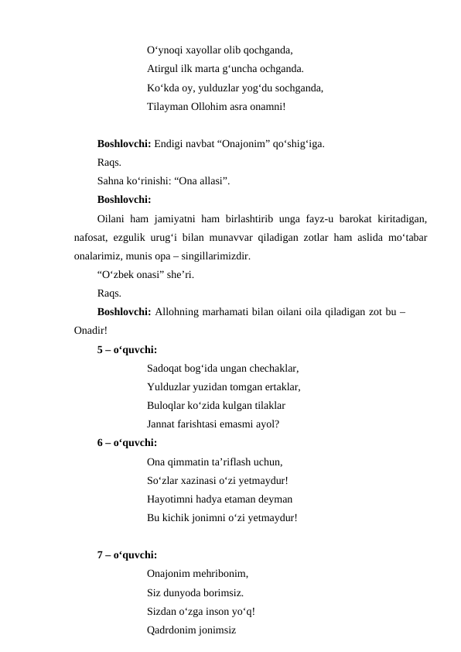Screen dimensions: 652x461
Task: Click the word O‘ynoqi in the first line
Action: click(164, 50)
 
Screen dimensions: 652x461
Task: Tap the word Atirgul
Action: click(163, 68)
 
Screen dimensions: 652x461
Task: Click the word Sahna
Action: click(111, 181)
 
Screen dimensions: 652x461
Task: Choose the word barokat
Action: click(356, 219)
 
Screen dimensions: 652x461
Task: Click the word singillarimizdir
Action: click(217, 256)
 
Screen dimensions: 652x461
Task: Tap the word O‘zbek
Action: click(119, 275)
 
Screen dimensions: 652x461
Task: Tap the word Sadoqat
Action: click(165, 369)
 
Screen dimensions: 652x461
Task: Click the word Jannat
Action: click(161, 424)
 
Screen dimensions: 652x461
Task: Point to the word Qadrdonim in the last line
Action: click(172, 630)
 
